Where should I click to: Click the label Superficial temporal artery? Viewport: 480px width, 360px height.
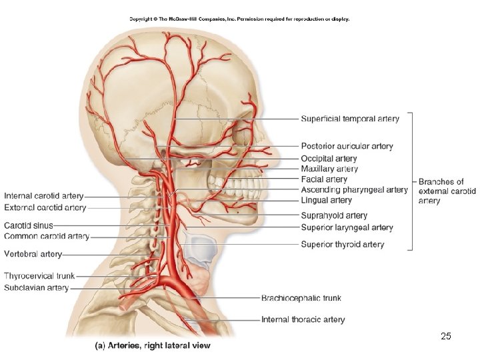coord(350,119)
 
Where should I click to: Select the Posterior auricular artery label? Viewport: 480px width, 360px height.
coord(347,146)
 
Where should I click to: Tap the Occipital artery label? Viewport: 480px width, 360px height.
coord(329,159)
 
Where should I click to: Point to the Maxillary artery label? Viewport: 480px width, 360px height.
coord(329,169)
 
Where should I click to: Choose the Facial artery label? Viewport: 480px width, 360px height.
coord(324,179)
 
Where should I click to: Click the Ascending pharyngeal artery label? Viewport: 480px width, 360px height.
coord(354,190)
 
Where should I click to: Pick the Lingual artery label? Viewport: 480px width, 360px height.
coord(326,200)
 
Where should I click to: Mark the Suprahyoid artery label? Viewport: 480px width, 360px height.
coord(334,215)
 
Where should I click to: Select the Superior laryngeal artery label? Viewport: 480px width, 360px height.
coord(347,227)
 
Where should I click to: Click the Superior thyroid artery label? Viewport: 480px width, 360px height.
coord(342,244)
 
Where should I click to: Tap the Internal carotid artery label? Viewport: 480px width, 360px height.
coord(44,196)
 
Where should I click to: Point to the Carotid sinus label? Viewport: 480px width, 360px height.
coord(29,225)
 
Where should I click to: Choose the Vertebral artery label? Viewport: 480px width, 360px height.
coord(33,254)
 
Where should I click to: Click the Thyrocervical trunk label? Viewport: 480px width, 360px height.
coord(39,276)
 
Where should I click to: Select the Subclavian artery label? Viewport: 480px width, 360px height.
coord(37,288)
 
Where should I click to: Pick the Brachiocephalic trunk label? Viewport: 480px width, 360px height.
coord(301,298)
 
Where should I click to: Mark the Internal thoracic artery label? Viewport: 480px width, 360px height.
coord(303,319)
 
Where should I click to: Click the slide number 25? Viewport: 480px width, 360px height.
coord(446,336)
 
